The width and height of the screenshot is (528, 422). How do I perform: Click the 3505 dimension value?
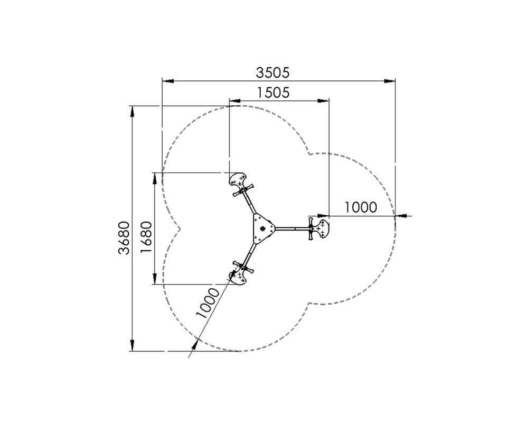(x=272, y=72)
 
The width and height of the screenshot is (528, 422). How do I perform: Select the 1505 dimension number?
(x=273, y=93)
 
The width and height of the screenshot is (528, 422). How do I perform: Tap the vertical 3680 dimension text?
(x=124, y=237)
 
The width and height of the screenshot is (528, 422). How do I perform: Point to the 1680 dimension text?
(x=146, y=237)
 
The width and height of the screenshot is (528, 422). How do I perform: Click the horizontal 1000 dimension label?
(x=361, y=207)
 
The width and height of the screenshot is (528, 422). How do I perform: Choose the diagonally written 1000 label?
(x=208, y=304)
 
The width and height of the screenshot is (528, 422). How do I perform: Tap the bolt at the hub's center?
(x=263, y=228)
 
